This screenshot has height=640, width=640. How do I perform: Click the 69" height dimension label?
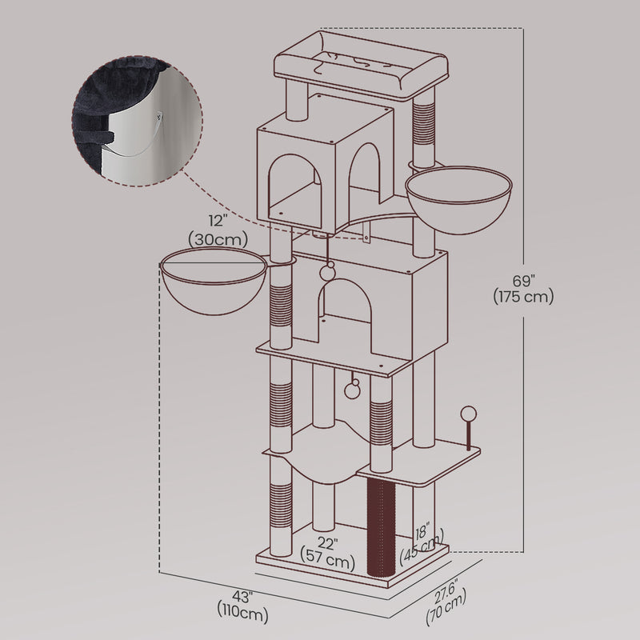[x=524, y=288]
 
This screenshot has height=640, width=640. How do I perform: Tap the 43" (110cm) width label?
[x=242, y=606]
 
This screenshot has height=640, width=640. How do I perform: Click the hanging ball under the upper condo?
[x=327, y=270]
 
